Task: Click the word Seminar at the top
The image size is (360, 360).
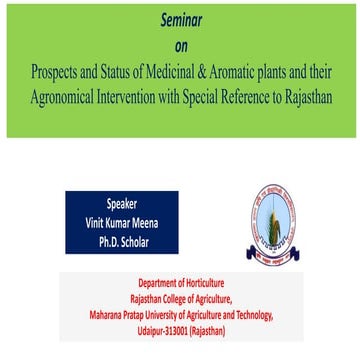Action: [x=180, y=19]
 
